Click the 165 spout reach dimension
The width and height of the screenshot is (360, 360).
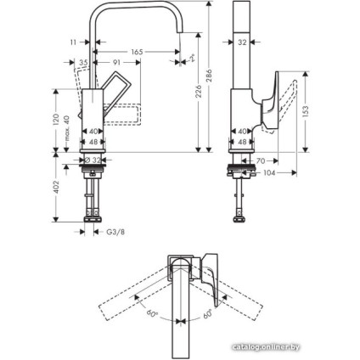point(136,53)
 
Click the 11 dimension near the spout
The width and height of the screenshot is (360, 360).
point(74,40)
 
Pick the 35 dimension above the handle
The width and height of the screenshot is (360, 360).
point(83,63)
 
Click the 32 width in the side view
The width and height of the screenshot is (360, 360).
point(243,40)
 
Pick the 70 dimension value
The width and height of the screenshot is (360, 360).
point(262,160)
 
